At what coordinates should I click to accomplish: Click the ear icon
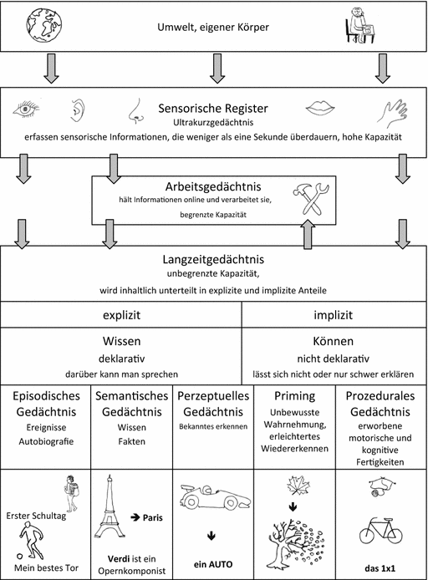(x=77, y=109)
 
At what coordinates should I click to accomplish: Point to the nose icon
(x=134, y=110)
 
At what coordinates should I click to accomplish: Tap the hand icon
(x=392, y=110)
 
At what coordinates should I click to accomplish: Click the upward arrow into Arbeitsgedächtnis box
(x=308, y=233)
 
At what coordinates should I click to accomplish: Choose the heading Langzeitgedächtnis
(x=214, y=262)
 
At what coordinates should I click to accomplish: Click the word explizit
(x=121, y=317)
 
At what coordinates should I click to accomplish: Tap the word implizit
(x=334, y=317)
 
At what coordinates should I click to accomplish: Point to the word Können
(x=334, y=342)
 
